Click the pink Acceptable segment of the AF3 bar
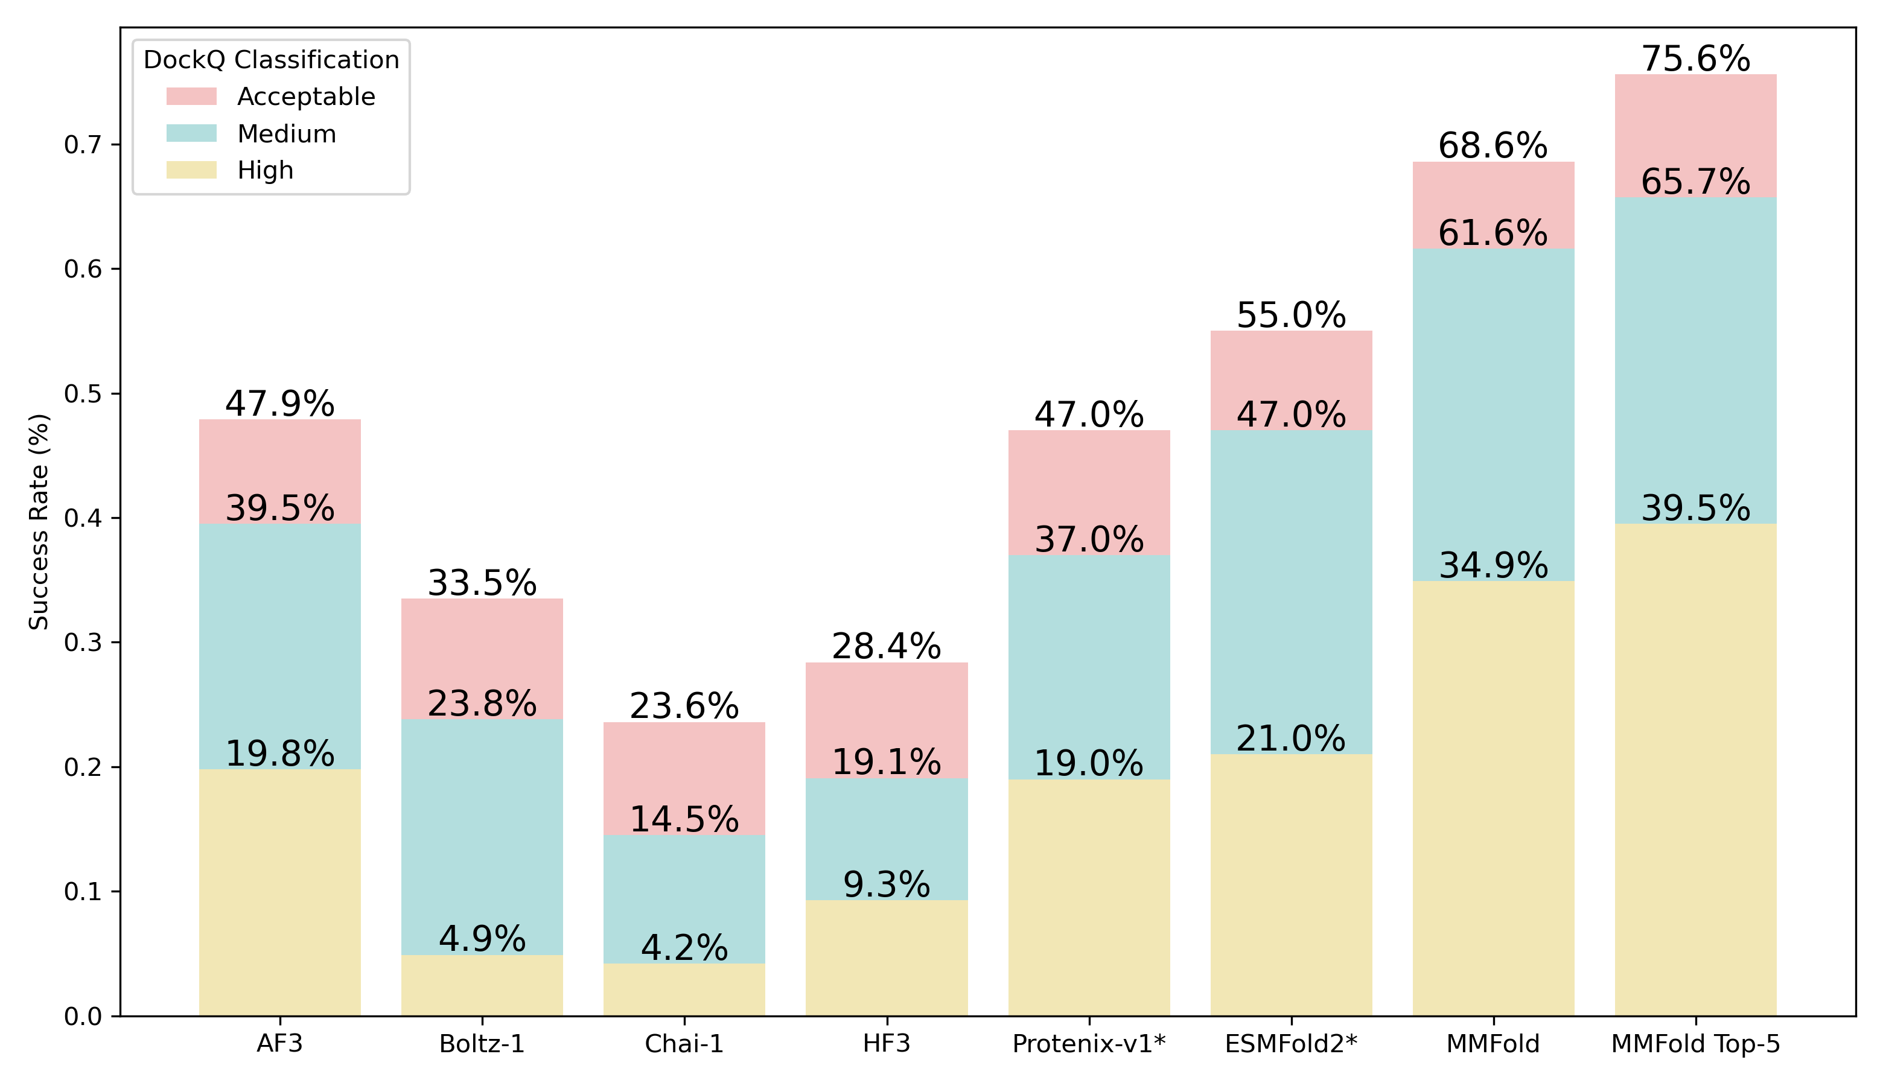click(280, 471)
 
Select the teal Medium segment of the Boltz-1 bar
click(482, 837)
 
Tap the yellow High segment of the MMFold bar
click(1494, 798)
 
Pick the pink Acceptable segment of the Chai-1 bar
click(684, 779)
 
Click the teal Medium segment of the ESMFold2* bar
click(1292, 592)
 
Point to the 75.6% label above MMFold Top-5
click(1696, 59)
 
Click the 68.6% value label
click(1493, 145)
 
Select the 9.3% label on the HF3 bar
click(887, 884)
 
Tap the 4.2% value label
click(684, 948)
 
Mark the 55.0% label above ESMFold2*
click(1291, 315)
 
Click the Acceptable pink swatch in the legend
click(192, 96)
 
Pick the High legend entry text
click(266, 171)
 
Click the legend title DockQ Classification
click(272, 60)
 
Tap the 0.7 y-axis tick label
click(83, 145)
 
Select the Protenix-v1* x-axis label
click(1089, 1044)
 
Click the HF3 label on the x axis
click(887, 1044)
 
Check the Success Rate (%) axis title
click(39, 521)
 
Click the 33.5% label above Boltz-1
click(482, 583)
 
